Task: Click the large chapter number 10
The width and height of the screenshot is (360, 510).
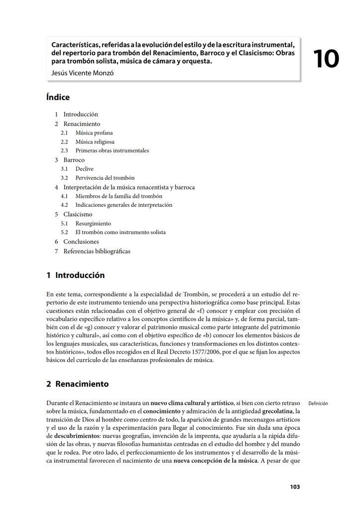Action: [326, 59]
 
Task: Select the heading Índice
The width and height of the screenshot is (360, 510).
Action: [58, 98]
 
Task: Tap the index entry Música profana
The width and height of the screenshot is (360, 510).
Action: [94, 133]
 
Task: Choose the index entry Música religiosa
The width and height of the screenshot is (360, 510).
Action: [95, 142]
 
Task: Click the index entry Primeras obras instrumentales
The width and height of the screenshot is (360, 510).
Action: [112, 150]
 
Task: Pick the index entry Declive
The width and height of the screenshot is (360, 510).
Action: [84, 169]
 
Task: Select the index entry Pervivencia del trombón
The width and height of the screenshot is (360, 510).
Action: [105, 178]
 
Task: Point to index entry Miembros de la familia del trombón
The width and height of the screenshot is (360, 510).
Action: [119, 196]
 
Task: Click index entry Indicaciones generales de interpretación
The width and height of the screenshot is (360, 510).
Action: [123, 205]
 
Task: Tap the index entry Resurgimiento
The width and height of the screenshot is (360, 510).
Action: [93, 224]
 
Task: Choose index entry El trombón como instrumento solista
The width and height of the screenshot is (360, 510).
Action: [120, 232]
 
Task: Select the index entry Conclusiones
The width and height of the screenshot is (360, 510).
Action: [81, 242]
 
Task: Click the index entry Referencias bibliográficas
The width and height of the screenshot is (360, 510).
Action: [97, 251]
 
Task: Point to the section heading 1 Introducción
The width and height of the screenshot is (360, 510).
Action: [76, 275]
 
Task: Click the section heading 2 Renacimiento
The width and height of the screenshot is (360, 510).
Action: [77, 384]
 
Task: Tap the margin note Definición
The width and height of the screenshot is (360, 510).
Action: [318, 403]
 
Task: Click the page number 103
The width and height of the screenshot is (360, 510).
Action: [295, 487]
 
